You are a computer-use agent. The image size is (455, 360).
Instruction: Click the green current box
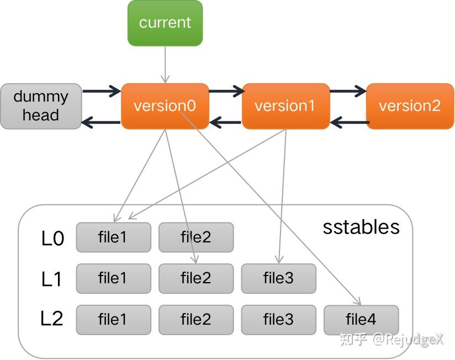tap(165, 23)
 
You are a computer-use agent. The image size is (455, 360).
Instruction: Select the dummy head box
tap(41, 106)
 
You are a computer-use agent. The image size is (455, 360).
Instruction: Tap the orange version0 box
tap(165, 106)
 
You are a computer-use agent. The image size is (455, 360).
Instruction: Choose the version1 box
tap(285, 106)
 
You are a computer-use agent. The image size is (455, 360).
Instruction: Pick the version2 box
tap(410, 106)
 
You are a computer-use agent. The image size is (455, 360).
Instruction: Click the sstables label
tap(361, 227)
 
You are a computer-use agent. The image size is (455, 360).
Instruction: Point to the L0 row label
tap(52, 239)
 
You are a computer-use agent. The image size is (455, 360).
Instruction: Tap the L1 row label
tap(51, 279)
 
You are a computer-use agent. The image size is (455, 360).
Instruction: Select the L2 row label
tap(51, 319)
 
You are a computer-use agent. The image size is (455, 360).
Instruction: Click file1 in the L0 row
tap(113, 237)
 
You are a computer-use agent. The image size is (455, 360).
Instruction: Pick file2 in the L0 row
tap(195, 237)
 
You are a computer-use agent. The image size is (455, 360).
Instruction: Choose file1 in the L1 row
tap(113, 278)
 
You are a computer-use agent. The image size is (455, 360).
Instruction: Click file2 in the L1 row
tap(195, 278)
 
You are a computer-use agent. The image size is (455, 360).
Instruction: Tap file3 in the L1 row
tap(278, 278)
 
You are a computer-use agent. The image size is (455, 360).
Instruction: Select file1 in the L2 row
tap(113, 320)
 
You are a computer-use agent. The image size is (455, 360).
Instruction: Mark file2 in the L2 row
tap(195, 320)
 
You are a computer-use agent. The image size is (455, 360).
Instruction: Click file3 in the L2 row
tap(278, 320)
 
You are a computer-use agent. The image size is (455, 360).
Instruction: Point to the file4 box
tap(361, 320)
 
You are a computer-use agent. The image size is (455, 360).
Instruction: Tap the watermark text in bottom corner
tap(391, 339)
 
